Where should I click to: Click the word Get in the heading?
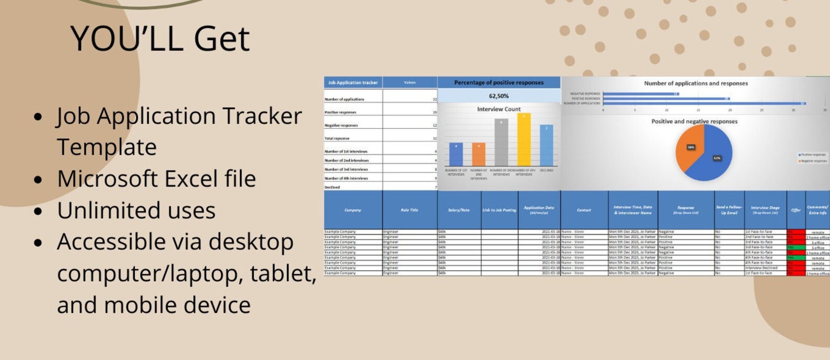pyautogui.click(x=222, y=39)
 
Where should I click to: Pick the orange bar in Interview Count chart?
pyautogui.click(x=479, y=154)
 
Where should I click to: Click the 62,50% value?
pyautogui.click(x=499, y=96)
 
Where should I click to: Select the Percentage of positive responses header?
pyautogui.click(x=499, y=83)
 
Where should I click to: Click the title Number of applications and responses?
pyautogui.click(x=696, y=83)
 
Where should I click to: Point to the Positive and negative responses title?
pyautogui.click(x=694, y=121)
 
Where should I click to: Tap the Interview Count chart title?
pyautogui.click(x=499, y=109)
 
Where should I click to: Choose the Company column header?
pyautogui.click(x=353, y=210)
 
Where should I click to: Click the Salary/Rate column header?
pyautogui.click(x=458, y=210)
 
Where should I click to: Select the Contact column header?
pyautogui.click(x=584, y=210)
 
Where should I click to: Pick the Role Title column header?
pyautogui.click(x=409, y=210)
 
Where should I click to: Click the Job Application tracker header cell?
pyautogui.click(x=353, y=83)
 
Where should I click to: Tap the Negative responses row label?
pyautogui.click(x=341, y=125)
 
